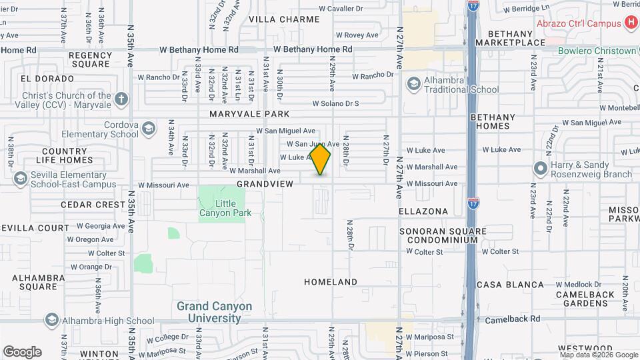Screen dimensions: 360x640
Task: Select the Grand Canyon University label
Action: [214, 312]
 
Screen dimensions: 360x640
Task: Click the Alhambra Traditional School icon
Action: [413, 83]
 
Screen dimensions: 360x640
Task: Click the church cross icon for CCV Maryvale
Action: [121, 99]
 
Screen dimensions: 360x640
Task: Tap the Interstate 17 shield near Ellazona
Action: [473, 199]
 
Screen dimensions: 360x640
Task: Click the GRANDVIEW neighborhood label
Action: [265, 183]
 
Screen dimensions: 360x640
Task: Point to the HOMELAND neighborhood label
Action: [331, 282]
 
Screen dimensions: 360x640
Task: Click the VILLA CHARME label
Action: [285, 19]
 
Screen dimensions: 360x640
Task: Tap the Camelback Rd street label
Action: [517, 319]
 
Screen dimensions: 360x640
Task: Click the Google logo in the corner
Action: [22, 351]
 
